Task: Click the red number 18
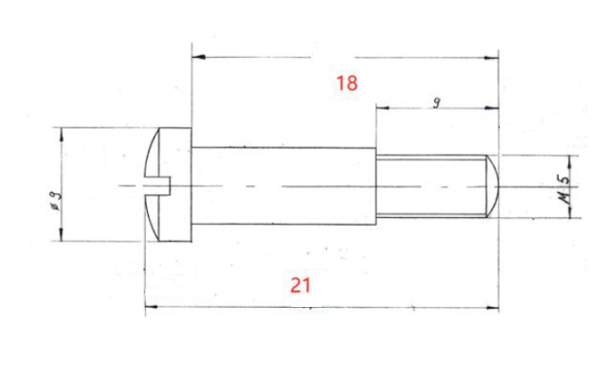tap(347, 83)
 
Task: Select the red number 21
tap(302, 285)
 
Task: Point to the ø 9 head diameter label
tap(57, 204)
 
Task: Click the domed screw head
tap(170, 183)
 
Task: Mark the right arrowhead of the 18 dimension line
tap(494, 57)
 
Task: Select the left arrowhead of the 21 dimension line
tap(149, 308)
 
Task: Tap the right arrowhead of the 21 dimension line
tap(494, 308)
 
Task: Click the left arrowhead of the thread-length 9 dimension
tap(380, 108)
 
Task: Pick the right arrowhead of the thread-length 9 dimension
tap(494, 108)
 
